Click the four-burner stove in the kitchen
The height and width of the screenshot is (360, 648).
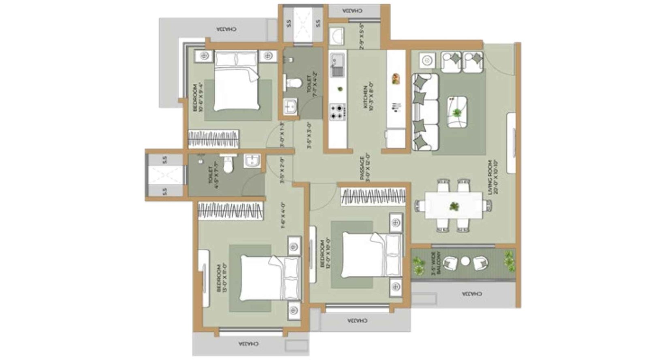[337, 111]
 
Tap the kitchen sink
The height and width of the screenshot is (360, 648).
[337, 66]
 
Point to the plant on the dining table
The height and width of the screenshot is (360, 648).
[454, 207]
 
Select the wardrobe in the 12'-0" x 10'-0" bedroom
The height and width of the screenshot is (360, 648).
[373, 196]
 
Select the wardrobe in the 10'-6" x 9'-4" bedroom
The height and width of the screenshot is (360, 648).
[213, 139]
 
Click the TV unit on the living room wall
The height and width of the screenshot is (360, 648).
[512, 143]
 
